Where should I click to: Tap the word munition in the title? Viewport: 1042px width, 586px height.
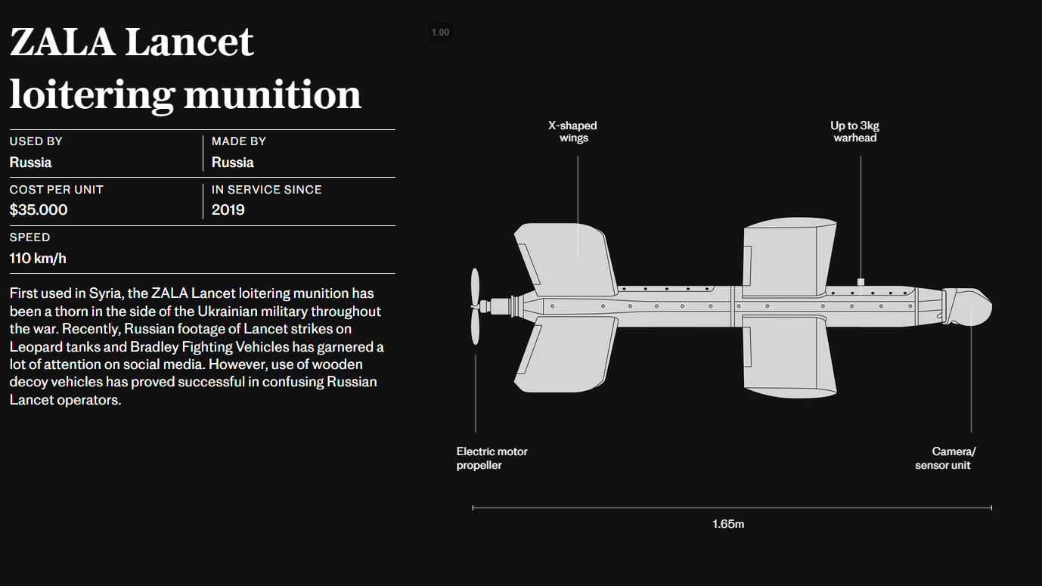[272, 95]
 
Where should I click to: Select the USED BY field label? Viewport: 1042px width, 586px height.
[36, 141]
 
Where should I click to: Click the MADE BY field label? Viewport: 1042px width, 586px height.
[239, 141]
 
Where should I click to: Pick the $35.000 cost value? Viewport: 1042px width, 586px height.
[39, 209]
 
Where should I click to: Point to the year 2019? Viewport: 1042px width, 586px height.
[228, 209]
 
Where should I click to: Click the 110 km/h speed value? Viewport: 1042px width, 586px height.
[38, 258]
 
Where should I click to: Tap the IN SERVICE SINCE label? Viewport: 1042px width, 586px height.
[266, 190]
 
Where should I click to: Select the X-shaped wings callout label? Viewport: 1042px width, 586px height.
[572, 132]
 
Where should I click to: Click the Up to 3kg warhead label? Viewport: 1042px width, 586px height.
[855, 132]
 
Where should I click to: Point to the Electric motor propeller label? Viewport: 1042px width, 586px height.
[492, 458]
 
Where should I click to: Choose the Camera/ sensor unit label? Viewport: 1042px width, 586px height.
[945, 458]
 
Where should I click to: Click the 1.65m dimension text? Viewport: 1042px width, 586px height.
[728, 524]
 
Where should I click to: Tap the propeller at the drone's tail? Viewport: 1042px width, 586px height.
[475, 307]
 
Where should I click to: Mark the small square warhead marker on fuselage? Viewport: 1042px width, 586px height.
[861, 282]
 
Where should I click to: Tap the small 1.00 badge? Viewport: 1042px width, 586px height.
[440, 33]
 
